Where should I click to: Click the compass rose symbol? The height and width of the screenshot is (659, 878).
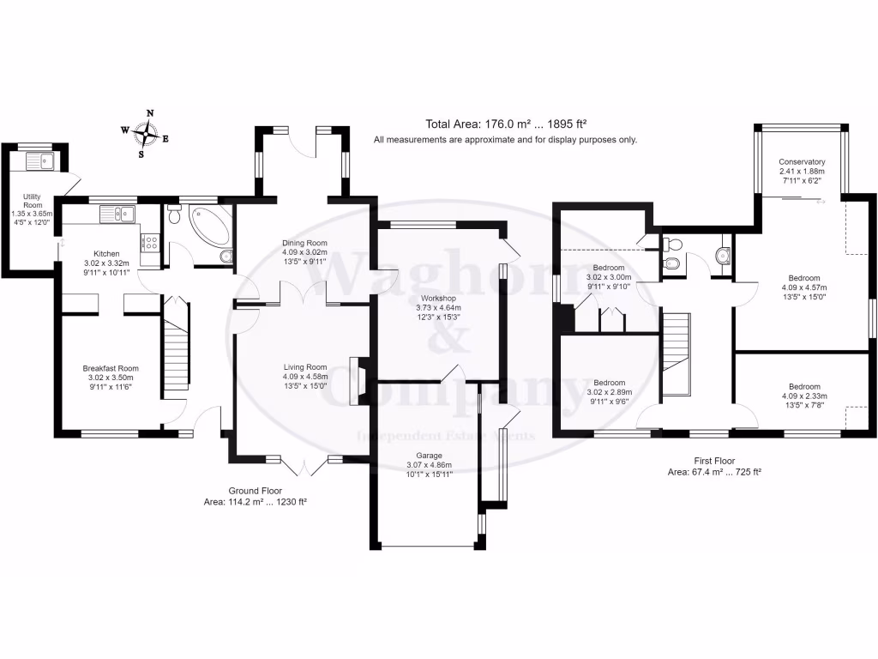point(149,132)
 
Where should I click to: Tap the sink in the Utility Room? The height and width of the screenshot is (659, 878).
point(39,160)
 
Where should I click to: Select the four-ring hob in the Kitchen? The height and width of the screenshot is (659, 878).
point(150,242)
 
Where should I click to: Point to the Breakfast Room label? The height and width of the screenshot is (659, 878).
point(111,378)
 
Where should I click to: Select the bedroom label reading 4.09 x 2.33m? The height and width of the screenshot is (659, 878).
point(804,396)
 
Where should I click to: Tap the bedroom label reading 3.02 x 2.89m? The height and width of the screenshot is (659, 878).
point(609,392)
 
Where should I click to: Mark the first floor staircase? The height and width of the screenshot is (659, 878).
point(677,352)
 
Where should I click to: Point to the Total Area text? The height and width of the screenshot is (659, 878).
point(505,124)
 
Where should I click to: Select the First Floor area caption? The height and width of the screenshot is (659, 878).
point(714,466)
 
